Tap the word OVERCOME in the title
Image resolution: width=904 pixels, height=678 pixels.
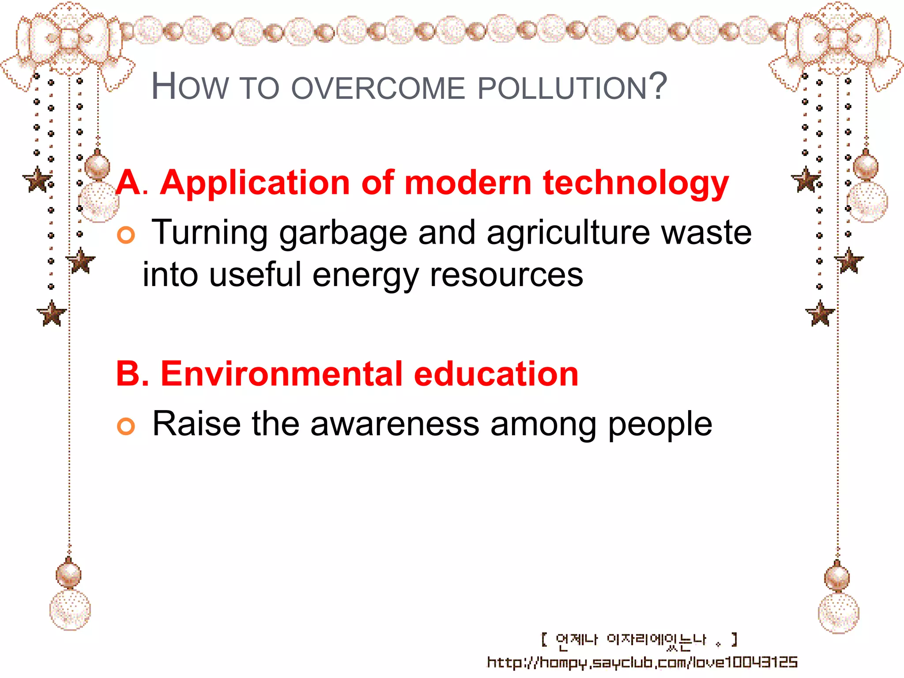[x=378, y=88]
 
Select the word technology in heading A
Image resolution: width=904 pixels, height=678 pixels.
[x=636, y=183]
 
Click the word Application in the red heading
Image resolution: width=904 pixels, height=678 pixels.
[x=255, y=183]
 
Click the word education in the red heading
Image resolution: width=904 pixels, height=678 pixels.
[x=496, y=374]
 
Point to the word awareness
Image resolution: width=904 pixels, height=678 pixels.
[x=395, y=424]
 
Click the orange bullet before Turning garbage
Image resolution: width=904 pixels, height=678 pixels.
[x=126, y=235]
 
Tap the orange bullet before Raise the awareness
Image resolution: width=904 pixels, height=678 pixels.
[x=126, y=426]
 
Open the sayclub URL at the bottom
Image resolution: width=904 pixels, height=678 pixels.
[x=642, y=663]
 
